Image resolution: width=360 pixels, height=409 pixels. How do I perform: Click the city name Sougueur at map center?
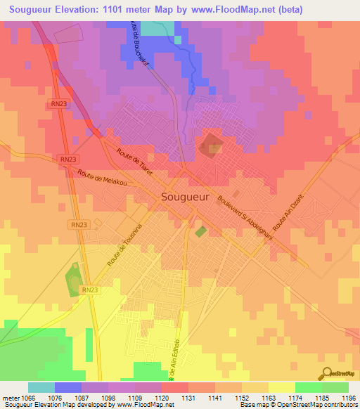(x=185, y=197)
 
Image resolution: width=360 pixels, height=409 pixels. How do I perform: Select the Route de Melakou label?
(x=103, y=181)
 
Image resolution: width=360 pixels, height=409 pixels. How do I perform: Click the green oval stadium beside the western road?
(x=73, y=281)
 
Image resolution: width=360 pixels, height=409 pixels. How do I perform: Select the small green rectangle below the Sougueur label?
(x=201, y=231)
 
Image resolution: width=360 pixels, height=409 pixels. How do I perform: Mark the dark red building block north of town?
(x=210, y=147)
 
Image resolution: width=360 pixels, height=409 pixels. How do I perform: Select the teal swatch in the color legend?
(x=41, y=387)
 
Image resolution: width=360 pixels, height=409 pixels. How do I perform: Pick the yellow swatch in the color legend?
(x=281, y=387)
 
